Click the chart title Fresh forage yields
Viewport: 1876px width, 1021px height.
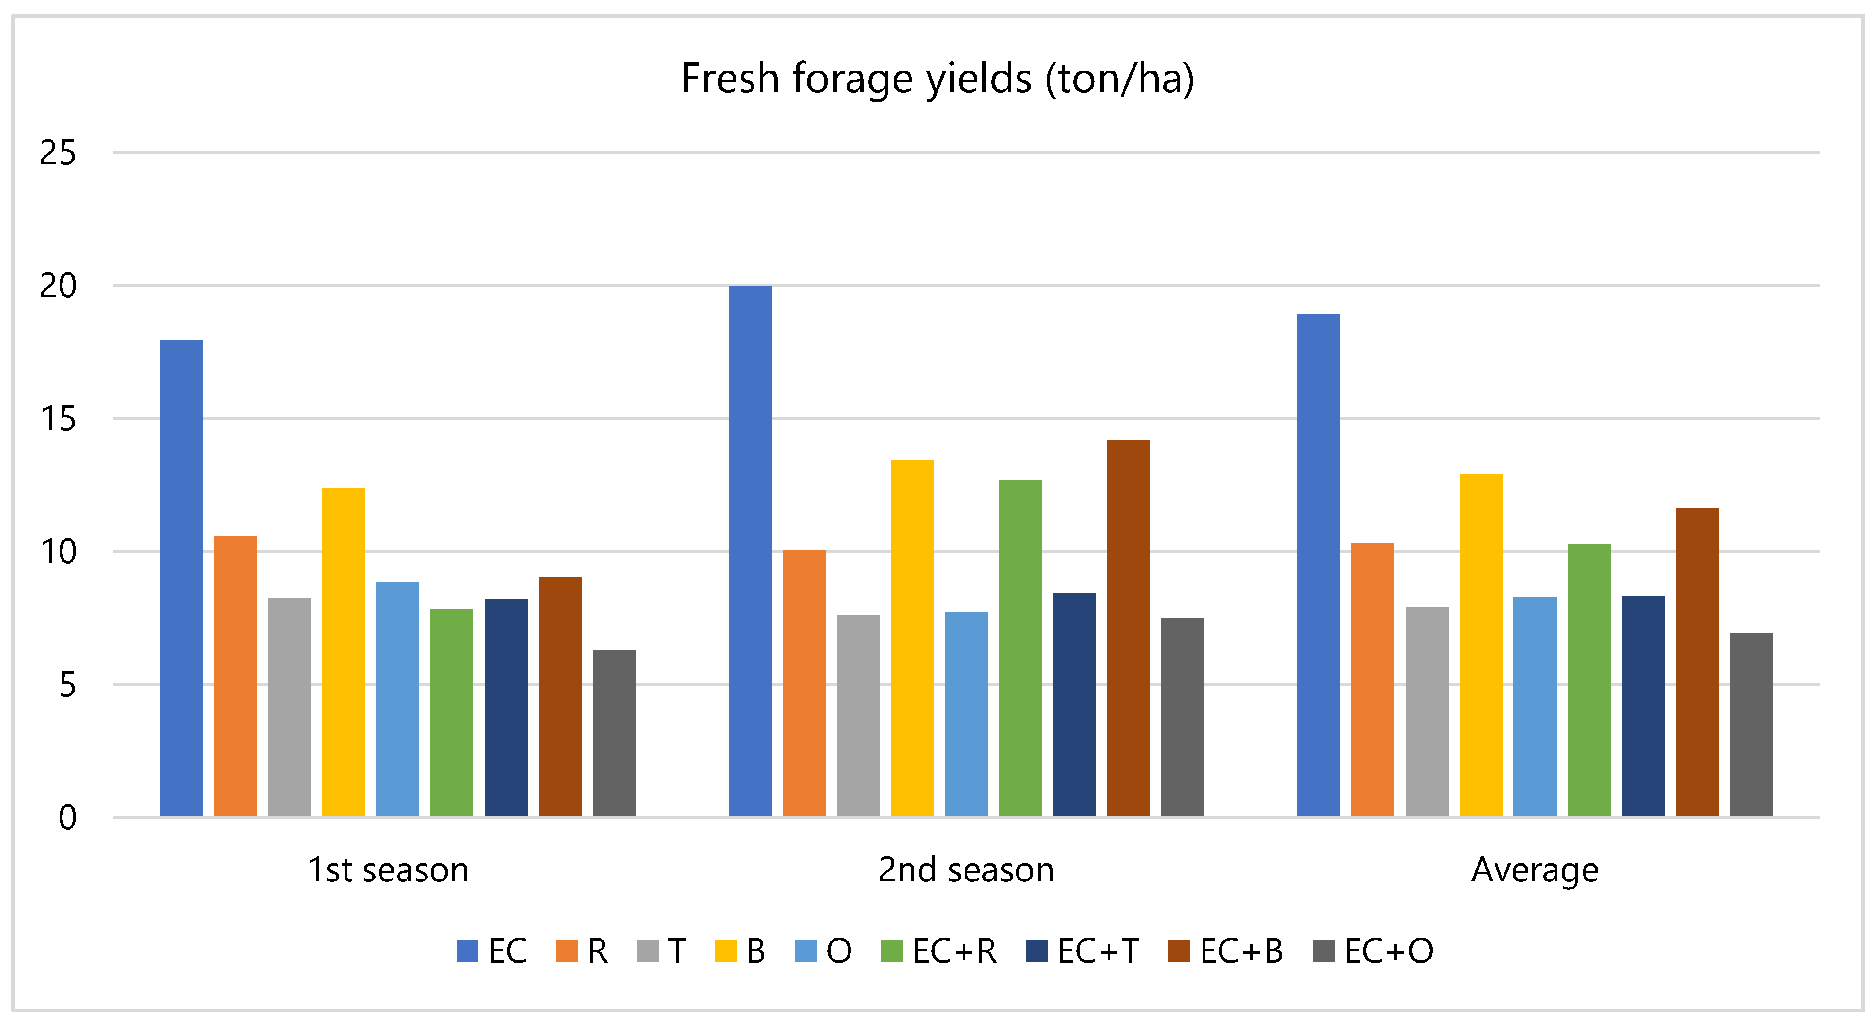tap(937, 79)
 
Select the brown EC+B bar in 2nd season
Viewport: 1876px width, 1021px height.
tap(1129, 628)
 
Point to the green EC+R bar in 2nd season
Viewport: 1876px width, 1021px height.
tap(1020, 648)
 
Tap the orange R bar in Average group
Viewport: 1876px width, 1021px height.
tap(1372, 679)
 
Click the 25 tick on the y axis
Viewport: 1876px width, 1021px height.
tap(58, 153)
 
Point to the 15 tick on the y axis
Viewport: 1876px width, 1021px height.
tap(58, 419)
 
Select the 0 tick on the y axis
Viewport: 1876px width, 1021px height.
tap(67, 817)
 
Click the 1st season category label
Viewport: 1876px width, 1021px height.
tap(388, 870)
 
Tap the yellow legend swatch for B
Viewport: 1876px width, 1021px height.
tap(726, 951)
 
